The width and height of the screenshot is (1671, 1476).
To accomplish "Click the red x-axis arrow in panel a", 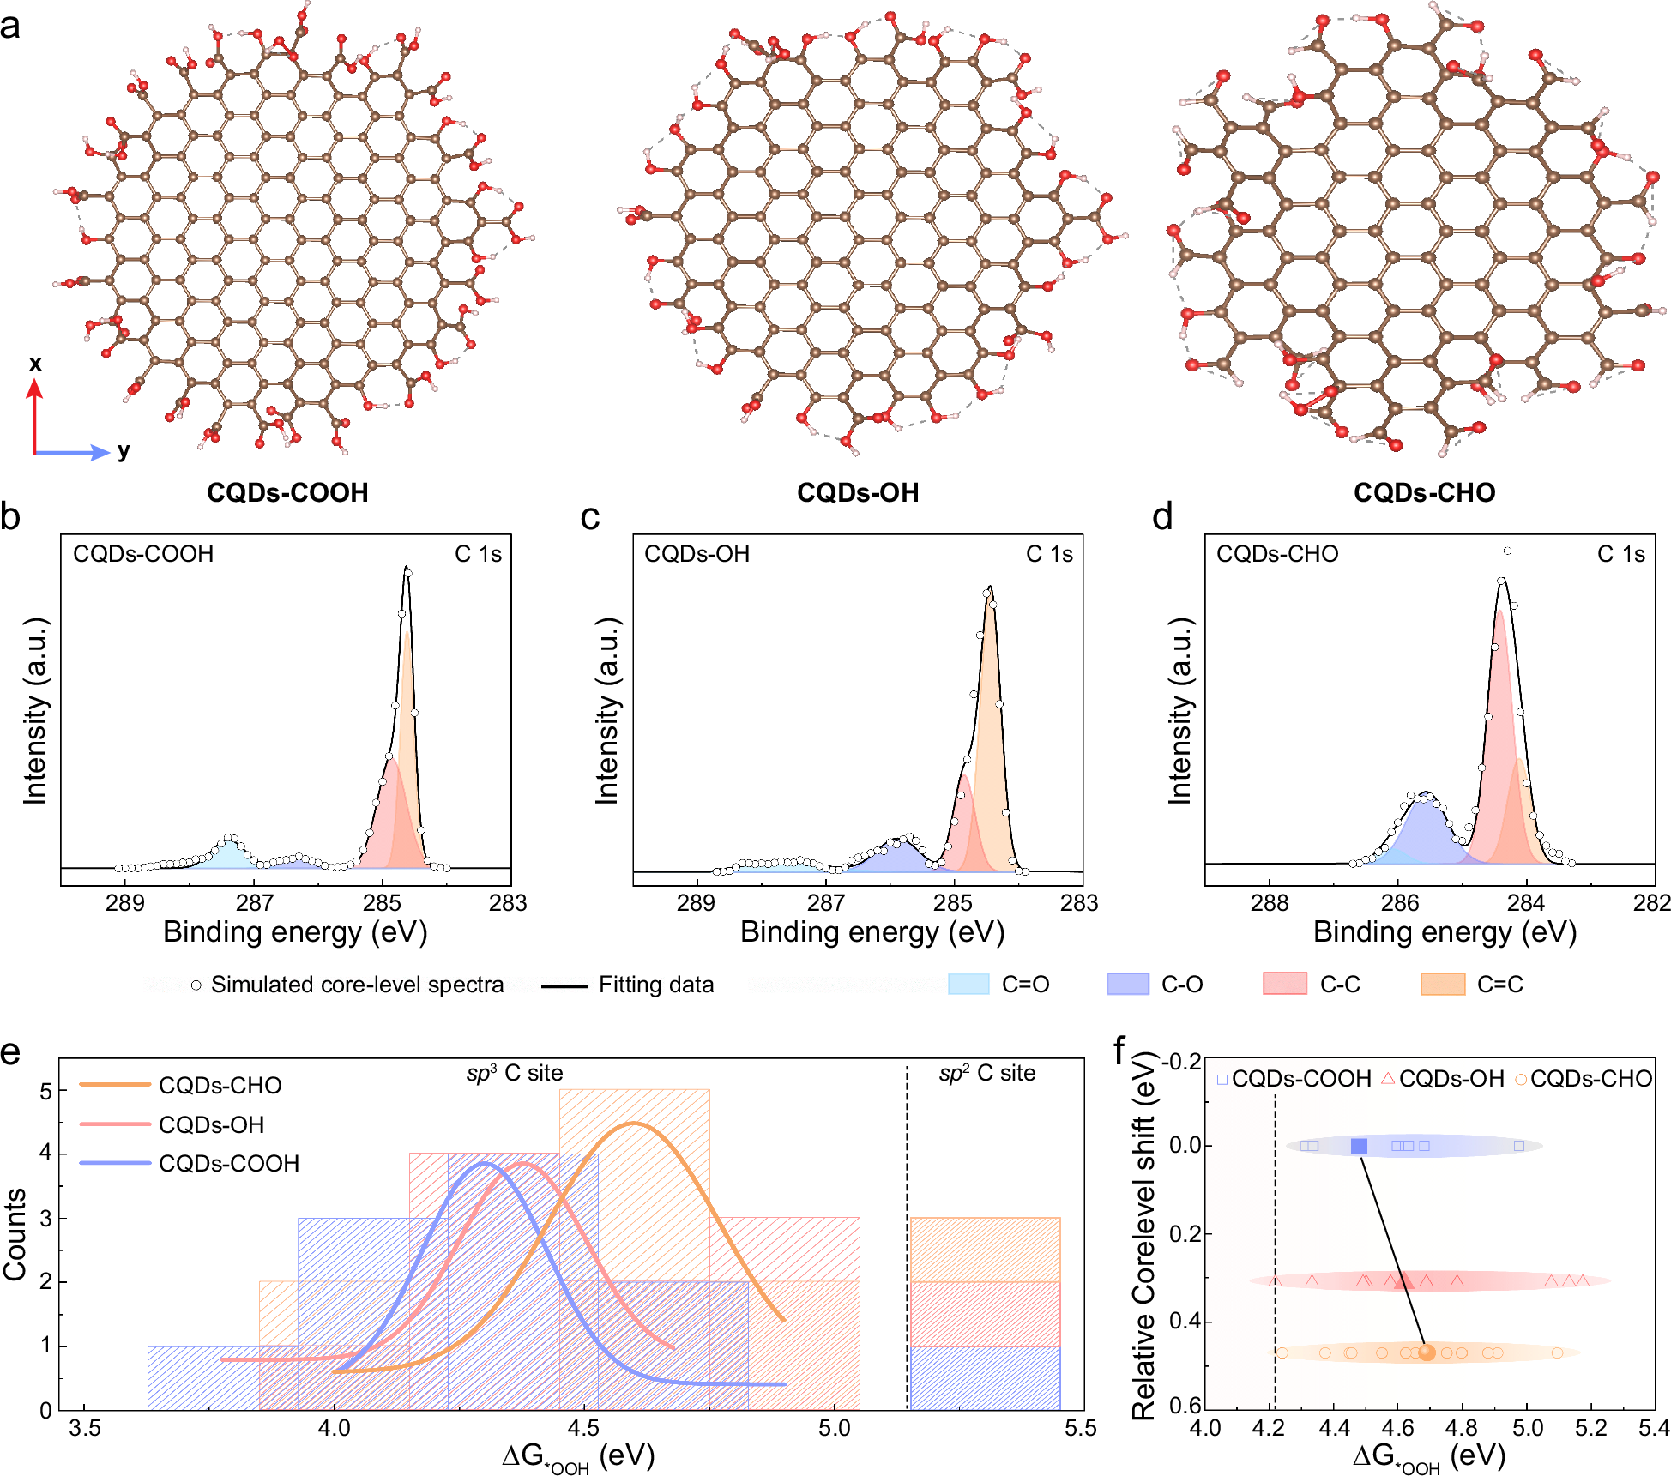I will (x=34, y=416).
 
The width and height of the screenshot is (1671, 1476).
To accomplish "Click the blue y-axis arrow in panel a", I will (x=73, y=452).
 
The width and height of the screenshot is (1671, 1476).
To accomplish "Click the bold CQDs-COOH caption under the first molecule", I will (x=287, y=492).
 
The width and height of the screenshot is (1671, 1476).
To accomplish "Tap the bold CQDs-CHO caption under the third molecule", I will (x=1424, y=492).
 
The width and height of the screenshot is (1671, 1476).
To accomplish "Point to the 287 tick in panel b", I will (x=254, y=903).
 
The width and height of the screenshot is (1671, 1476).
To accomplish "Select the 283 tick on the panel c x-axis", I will (x=1079, y=903).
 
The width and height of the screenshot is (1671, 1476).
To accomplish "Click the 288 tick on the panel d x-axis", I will (x=1270, y=903).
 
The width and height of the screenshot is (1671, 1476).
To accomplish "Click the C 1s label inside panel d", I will (x=1620, y=554).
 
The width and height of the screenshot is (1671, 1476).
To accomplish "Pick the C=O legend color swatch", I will (x=968, y=984).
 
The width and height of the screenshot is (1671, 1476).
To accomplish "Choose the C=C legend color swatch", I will (x=1442, y=984).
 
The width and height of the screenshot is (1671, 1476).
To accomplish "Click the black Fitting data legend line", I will (x=564, y=985).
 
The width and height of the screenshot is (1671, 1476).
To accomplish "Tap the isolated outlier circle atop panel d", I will (x=1507, y=551).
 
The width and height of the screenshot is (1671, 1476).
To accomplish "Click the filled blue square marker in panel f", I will (x=1359, y=1146).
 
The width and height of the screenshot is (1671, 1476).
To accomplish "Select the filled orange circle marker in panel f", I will (x=1427, y=1352).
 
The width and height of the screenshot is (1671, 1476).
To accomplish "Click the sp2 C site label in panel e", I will (x=987, y=1074).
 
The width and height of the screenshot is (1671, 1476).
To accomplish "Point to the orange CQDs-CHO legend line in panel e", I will (x=114, y=1085).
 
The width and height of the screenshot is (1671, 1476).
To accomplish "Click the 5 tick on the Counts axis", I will (x=46, y=1091).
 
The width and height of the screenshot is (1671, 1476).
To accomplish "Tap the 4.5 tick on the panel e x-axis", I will (x=584, y=1428).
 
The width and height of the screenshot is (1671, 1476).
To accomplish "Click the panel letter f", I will (x=1119, y=1051).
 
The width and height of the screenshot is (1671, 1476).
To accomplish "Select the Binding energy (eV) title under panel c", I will (x=872, y=932).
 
